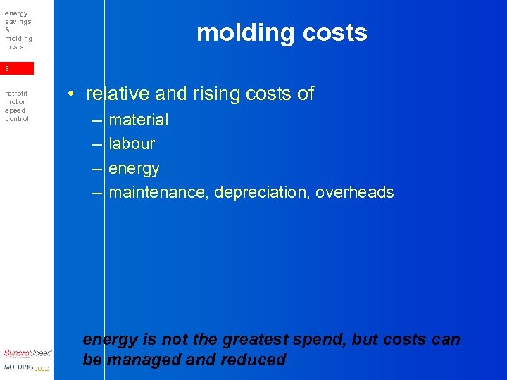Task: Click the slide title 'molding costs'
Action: click(x=282, y=33)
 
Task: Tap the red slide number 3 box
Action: click(x=17, y=68)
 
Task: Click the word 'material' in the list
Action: click(x=139, y=120)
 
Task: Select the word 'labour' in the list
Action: click(x=132, y=144)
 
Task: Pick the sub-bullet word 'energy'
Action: click(x=134, y=169)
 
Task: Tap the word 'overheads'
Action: click(x=354, y=192)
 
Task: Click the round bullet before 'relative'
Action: click(x=73, y=94)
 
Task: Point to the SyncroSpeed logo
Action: click(x=27, y=353)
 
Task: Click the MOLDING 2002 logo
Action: click(x=27, y=367)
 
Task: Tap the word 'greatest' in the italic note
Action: click(x=255, y=339)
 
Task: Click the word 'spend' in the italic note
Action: click(x=322, y=339)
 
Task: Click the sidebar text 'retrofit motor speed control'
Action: click(x=17, y=106)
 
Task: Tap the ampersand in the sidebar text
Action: click(x=7, y=30)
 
